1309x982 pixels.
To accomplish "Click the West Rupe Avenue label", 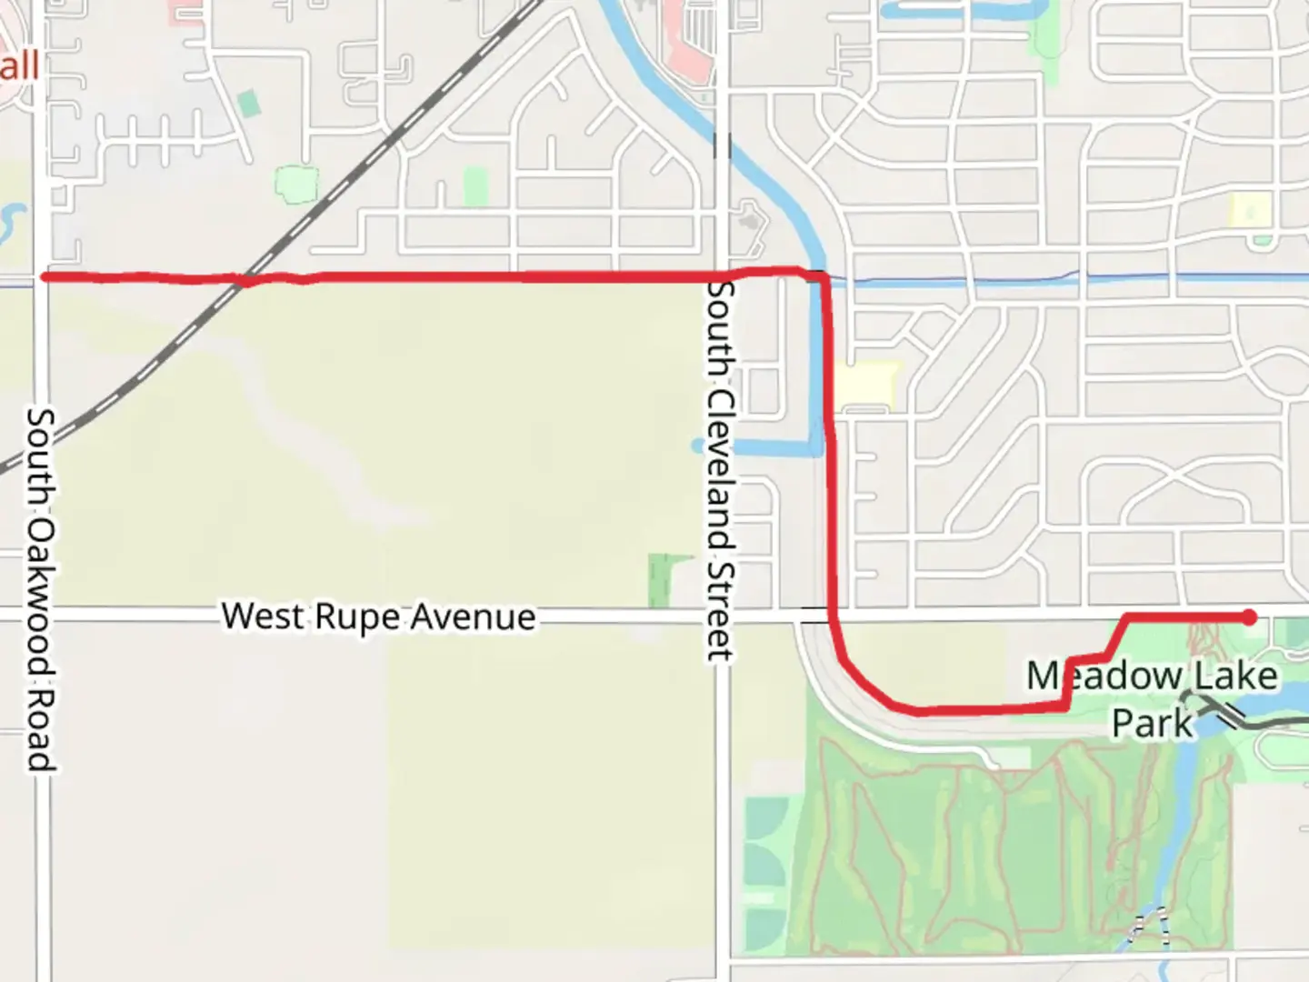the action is [378, 616].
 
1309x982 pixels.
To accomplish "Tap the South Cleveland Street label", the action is [720, 471].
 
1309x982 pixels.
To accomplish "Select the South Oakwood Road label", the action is [40, 589].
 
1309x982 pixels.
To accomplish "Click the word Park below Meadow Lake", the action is [1152, 724].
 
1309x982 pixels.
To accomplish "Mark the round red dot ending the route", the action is [1250, 618].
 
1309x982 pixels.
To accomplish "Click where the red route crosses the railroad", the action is [244, 280].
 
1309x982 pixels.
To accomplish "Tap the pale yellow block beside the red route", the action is [867, 385].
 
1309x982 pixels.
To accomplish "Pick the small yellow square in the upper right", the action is [1250, 210].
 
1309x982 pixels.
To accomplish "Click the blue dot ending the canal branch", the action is [698, 446].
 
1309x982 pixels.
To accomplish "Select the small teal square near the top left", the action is [248, 103].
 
